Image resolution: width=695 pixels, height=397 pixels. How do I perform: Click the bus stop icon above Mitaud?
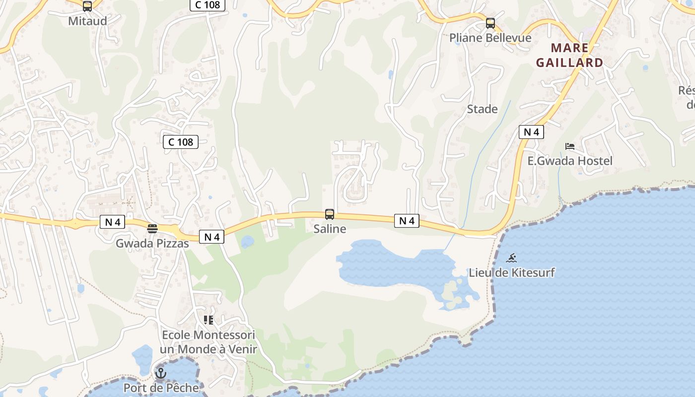87,6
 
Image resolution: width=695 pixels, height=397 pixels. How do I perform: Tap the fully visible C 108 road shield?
181,142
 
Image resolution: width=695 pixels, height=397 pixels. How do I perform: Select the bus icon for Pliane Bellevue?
490,23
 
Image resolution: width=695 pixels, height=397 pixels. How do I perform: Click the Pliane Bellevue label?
490,38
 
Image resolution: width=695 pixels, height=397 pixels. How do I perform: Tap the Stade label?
482,109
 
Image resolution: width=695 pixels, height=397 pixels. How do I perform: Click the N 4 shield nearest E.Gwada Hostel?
531,132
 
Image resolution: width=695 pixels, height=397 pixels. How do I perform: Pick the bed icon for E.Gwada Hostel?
570,146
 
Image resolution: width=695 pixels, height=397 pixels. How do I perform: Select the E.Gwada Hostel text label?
569,161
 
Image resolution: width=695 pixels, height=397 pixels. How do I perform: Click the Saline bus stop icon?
330,214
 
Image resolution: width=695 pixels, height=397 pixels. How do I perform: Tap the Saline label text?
330,229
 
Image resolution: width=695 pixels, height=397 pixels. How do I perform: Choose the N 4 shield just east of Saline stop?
407,221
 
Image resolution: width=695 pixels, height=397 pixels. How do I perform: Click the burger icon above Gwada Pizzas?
152,229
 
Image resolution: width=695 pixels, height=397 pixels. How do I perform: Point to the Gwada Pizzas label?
152,244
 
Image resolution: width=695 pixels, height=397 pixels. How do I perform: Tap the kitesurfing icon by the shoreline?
512,258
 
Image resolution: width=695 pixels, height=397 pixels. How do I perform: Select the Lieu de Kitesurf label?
512,272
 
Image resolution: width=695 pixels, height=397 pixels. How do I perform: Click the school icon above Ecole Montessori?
208,320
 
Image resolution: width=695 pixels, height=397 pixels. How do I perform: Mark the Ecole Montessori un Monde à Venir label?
208,342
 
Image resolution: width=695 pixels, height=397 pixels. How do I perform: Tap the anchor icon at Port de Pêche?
161,373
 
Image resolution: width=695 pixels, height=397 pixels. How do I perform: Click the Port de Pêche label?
161,388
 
